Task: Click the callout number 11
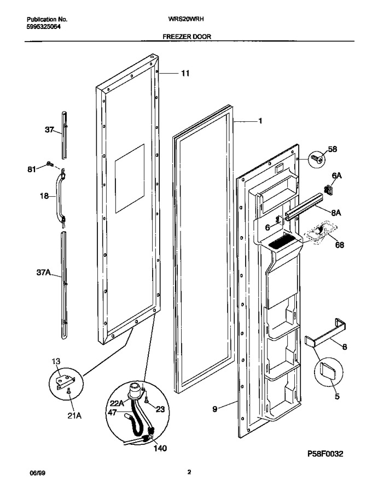[x=185, y=73]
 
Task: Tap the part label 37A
[x=44, y=272]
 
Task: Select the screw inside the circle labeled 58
[x=317, y=159]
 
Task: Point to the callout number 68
[x=339, y=245]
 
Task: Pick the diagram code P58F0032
[x=324, y=454]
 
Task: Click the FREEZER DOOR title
[x=187, y=37]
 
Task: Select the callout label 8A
[x=336, y=213]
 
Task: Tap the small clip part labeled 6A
[x=328, y=190]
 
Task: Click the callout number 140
[x=160, y=449]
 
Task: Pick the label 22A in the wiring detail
[x=117, y=403]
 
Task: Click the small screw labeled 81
[x=49, y=164]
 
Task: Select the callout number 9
[x=215, y=409]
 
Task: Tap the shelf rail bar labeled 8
[x=325, y=333]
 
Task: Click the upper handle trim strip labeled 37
[x=64, y=136]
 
